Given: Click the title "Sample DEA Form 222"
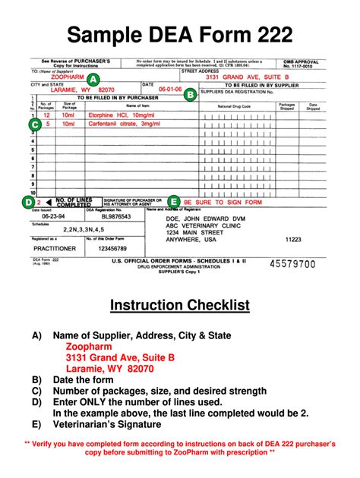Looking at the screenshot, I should click(180, 33).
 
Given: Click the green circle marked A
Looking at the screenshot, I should click(92, 80).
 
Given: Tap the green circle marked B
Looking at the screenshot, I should click(191, 94).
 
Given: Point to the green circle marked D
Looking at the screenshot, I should click(29, 202).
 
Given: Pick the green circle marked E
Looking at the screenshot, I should click(174, 202).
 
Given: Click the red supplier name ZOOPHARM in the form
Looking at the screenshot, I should click(68, 78).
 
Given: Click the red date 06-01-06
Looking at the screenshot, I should click(170, 89).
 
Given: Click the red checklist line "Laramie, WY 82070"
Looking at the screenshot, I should click(109, 369).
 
